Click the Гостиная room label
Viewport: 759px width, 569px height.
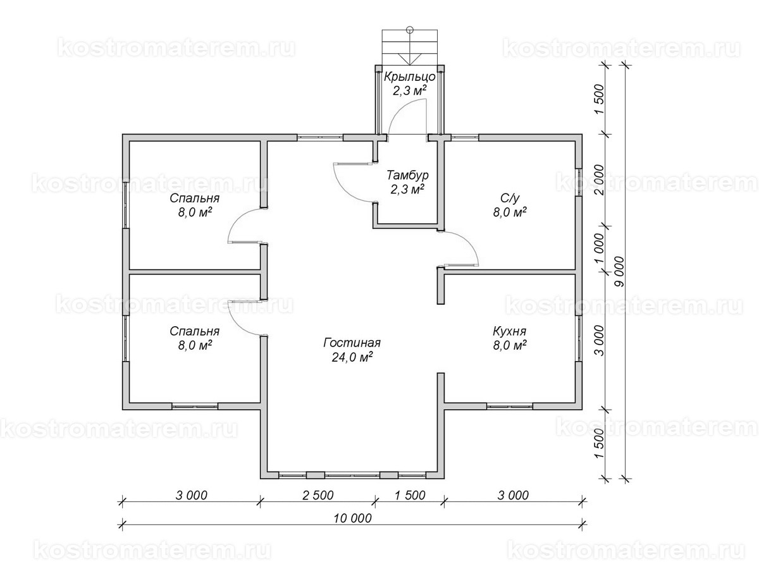pos(352,343)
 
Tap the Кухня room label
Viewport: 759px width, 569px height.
pos(509,332)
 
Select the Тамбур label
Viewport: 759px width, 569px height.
pos(407,175)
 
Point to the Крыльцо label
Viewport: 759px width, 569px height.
pos(409,76)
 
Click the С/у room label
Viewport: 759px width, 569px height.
pos(510,198)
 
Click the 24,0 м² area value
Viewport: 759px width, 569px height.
pos(352,357)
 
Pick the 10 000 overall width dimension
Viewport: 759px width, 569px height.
pos(353,518)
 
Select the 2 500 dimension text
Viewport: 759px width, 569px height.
pos(318,496)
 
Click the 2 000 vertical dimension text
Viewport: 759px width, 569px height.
pos(599,180)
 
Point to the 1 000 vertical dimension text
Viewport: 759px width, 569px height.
pos(599,248)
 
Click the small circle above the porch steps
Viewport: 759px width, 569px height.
pos(410,29)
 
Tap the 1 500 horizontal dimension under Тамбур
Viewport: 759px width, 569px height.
pos(410,496)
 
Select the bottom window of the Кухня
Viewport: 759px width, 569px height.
pos(510,407)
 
